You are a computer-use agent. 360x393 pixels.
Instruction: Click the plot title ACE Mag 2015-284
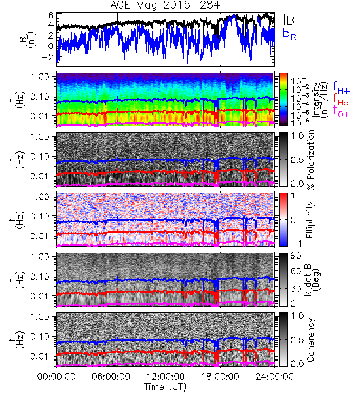tap(165, 5)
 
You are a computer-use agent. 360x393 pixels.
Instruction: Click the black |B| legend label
tap(291, 20)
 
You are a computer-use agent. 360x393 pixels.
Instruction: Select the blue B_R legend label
tap(289, 33)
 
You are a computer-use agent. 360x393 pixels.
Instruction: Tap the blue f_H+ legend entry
tap(341, 88)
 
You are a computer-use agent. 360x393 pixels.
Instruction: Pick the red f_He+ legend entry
tap(344, 100)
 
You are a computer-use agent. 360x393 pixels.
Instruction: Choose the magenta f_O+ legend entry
tap(341, 112)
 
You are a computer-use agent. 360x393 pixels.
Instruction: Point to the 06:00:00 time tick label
tap(111, 377)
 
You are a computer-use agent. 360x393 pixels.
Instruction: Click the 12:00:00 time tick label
tap(166, 377)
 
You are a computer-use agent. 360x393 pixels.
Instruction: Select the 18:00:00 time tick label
tap(220, 377)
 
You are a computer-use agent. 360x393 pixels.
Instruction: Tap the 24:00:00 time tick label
tap(274, 377)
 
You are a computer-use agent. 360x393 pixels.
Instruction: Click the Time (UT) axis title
tap(166, 386)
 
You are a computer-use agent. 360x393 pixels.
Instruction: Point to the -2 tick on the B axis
tap(48, 56)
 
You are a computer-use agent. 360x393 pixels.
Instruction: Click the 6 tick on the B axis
tap(51, 16)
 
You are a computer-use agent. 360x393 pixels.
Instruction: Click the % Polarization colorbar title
tap(310, 160)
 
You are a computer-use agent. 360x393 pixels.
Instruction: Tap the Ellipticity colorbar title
tap(310, 219)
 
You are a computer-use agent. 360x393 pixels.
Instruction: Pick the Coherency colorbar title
tap(310, 340)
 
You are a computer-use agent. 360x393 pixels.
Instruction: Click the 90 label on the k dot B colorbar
tap(296, 256)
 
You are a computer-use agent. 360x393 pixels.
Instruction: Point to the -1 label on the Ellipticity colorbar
tap(297, 244)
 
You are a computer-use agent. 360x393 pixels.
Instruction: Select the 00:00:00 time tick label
tap(56, 377)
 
